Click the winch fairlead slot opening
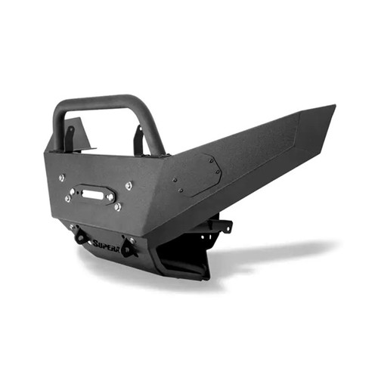click(92, 194)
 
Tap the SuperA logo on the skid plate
click(106, 243)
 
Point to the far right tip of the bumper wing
click(333, 108)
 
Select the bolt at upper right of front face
click(129, 185)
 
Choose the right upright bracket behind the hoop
click(138, 141)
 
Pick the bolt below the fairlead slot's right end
click(117, 206)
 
